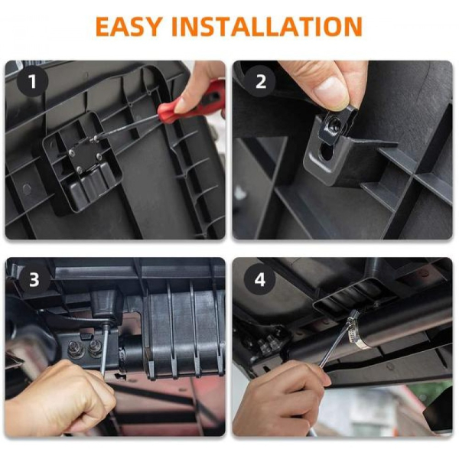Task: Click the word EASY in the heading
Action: pos(129,27)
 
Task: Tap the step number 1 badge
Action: pos(32,81)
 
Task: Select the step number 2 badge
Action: pos(260,81)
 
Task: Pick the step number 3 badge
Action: pos(34,279)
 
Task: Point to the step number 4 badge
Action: pos(260,279)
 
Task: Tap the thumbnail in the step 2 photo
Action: pos(331,90)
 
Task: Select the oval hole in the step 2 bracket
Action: pos(327,151)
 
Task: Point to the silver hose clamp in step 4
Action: pos(355,330)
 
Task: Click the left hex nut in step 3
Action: pos(74,349)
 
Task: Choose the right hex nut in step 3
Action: pos(95,348)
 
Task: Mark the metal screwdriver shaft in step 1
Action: pos(126,126)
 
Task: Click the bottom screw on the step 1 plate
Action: pos(80,169)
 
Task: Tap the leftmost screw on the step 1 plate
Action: pos(71,152)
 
